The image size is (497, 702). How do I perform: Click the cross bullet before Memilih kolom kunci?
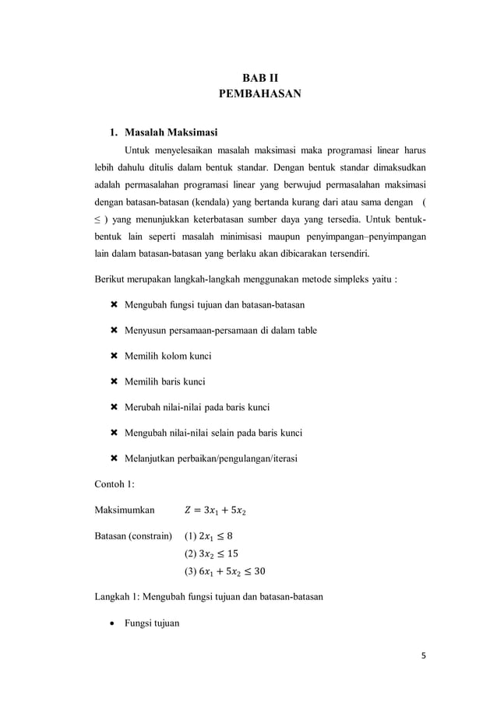pyautogui.click(x=115, y=356)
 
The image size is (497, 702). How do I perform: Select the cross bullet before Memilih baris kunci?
pyautogui.click(x=115, y=382)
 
